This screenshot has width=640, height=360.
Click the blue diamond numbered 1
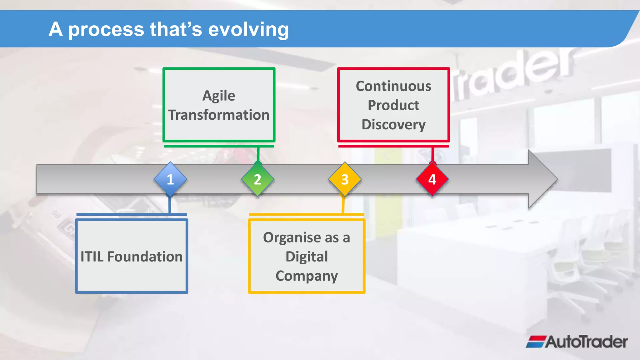pyautogui.click(x=170, y=179)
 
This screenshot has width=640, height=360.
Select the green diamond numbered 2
pyautogui.click(x=257, y=179)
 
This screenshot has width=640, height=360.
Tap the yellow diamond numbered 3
pyautogui.click(x=345, y=179)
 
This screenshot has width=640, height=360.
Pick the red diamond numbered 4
pyautogui.click(x=432, y=179)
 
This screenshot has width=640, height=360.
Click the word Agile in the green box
pyautogui.click(x=219, y=96)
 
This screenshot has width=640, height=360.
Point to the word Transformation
pyautogui.click(x=219, y=115)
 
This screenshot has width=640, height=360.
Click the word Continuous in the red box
pyautogui.click(x=393, y=86)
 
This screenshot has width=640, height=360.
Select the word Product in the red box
pyautogui.click(x=393, y=105)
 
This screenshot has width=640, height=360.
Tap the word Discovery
pyautogui.click(x=393, y=124)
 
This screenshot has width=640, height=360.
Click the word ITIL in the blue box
pyautogui.click(x=92, y=257)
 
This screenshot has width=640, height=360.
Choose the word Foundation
pyautogui.click(x=145, y=257)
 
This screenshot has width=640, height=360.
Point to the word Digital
pyautogui.click(x=307, y=257)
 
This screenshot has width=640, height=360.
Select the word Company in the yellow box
pyautogui.click(x=307, y=276)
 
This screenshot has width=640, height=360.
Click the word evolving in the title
pyautogui.click(x=248, y=29)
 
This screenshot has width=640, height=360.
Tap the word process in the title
pyautogui.click(x=106, y=30)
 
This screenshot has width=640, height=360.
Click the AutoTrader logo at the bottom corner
pyautogui.click(x=577, y=342)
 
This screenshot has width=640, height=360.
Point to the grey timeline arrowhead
pyautogui.click(x=542, y=179)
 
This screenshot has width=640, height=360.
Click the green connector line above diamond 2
pyautogui.click(x=258, y=154)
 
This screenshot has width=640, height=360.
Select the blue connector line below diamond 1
pyautogui.click(x=170, y=205)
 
